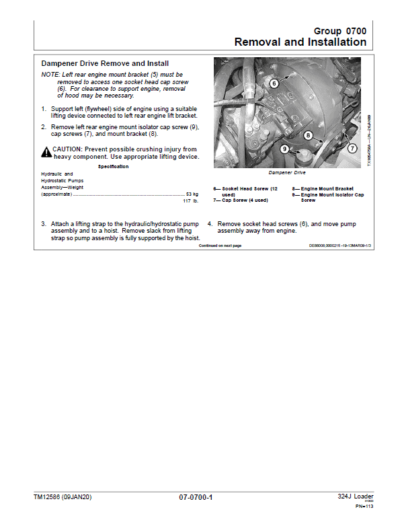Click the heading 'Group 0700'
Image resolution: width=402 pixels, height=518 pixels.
(x=340, y=31)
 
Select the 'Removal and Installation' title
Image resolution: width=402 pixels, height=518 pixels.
(x=300, y=42)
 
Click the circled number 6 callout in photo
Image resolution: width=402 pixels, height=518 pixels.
(x=274, y=83)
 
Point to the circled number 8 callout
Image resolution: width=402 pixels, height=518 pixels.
(x=308, y=135)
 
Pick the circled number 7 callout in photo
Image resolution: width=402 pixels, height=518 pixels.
(x=352, y=148)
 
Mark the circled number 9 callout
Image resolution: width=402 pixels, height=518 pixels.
(x=284, y=149)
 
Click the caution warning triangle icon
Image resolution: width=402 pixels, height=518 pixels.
(x=46, y=152)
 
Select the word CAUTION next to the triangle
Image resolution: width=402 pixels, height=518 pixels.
(x=68, y=149)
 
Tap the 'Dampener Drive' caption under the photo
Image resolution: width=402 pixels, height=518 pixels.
(x=288, y=173)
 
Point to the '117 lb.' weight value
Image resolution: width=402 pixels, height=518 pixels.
(x=191, y=201)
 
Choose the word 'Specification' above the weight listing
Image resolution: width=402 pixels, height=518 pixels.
(x=114, y=165)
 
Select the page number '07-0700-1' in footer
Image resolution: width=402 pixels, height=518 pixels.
(x=196, y=497)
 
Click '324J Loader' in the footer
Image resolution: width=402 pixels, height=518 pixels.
(x=355, y=496)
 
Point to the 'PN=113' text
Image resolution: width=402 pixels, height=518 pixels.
(x=364, y=507)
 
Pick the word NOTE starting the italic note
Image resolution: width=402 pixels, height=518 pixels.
(x=50, y=74)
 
